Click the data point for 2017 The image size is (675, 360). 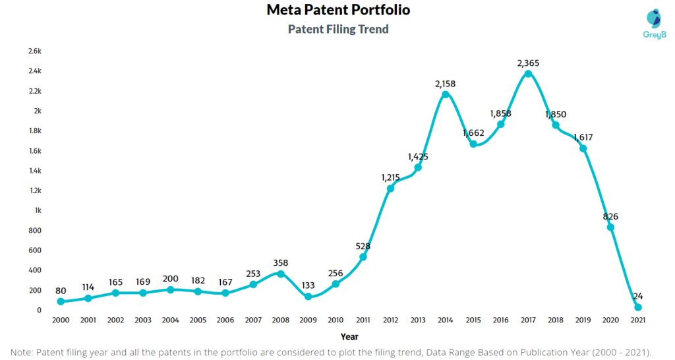tap(528, 73)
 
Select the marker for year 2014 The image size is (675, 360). tap(446, 94)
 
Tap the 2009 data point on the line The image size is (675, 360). tap(308, 297)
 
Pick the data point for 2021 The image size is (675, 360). tap(638, 307)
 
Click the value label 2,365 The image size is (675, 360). tap(528, 63)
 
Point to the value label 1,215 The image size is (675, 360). tap(390, 177)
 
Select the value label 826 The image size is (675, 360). tap(610, 216)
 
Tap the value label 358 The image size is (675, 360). tap(280, 263)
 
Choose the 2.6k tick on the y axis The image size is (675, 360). tap(35, 51)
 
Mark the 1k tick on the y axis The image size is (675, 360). tap(38, 210)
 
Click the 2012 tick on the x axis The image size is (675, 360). tap(390, 320)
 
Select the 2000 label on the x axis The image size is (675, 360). tap(61, 320)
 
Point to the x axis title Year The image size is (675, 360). tap(350, 336)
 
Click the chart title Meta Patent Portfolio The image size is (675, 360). tap(338, 11)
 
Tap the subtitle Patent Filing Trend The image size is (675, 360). tap(338, 29)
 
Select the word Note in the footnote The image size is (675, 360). tap(24, 351)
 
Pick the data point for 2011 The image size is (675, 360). tap(363, 256)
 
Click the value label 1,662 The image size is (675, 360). tap(473, 133)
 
